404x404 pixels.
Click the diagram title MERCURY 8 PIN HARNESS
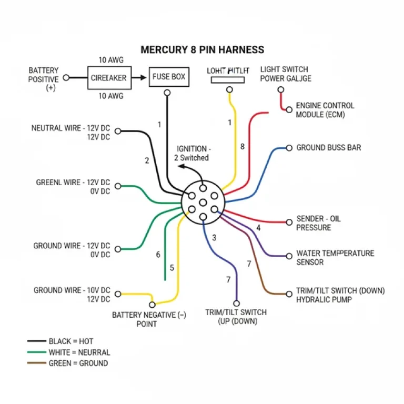[x=203, y=50]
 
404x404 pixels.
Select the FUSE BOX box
[x=168, y=77]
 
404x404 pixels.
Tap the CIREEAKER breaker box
[x=108, y=77]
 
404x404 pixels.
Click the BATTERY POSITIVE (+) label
[x=44, y=79]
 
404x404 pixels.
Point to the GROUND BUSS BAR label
[x=329, y=148]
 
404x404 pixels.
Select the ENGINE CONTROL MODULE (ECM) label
[x=325, y=110]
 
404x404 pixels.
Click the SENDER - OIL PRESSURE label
[x=318, y=223]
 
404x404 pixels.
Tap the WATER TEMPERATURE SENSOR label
[x=335, y=257]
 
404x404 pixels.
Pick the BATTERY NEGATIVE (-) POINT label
[x=149, y=319]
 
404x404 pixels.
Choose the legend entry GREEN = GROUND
[x=78, y=363]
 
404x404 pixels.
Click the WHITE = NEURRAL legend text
[x=79, y=352]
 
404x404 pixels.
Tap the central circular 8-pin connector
[x=203, y=203]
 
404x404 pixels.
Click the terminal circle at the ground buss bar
[x=289, y=148]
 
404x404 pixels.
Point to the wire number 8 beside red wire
[x=243, y=147]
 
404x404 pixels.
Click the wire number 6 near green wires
[x=158, y=255]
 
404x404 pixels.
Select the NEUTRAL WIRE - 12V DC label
[x=70, y=132]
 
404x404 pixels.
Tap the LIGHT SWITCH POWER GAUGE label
[x=286, y=74]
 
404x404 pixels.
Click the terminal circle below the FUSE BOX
[x=167, y=93]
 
